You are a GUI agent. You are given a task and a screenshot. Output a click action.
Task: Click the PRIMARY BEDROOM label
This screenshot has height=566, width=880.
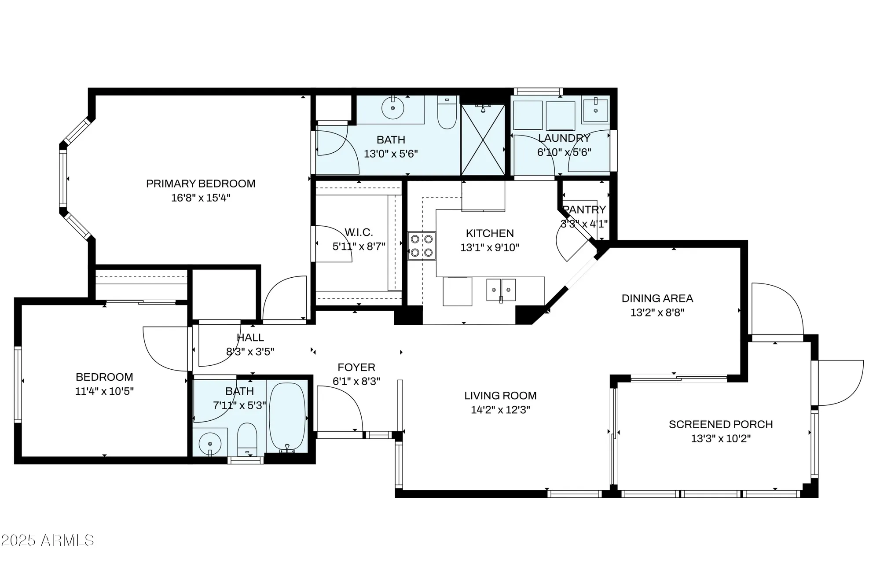coord(201,184)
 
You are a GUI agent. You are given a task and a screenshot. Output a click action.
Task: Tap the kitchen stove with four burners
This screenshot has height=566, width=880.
coord(422,246)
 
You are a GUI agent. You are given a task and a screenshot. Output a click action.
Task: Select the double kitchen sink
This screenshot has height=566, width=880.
coord(501,290)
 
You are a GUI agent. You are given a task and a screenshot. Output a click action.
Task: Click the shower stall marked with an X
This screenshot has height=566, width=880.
coord(483,140)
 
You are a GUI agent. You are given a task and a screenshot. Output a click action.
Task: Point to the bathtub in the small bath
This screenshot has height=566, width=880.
coord(287,417)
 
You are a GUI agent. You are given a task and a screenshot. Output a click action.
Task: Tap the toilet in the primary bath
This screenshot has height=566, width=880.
coord(447,114)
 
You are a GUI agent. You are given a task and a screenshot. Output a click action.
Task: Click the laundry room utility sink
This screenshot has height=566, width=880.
coord(595,110)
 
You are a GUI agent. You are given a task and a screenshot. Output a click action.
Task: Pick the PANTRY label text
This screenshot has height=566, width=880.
coord(584,209)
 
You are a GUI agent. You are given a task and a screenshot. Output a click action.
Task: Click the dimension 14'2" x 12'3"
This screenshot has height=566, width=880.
coord(500,410)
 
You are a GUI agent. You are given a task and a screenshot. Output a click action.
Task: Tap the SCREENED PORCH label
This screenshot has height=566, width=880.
coord(720,424)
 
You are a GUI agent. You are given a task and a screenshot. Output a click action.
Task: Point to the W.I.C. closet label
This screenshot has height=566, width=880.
coord(359,232)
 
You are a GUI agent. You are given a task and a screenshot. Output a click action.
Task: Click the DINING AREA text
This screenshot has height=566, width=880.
coord(657,298)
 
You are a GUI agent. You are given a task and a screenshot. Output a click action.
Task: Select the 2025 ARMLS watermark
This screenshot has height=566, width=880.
coord(47,540)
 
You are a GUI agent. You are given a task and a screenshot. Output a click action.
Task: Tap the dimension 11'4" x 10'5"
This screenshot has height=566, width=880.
coord(104,391)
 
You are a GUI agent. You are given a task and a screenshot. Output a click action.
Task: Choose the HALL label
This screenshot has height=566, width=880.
coord(250,338)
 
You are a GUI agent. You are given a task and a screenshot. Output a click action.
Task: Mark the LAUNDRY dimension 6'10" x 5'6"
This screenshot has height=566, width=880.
coord(564,152)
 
